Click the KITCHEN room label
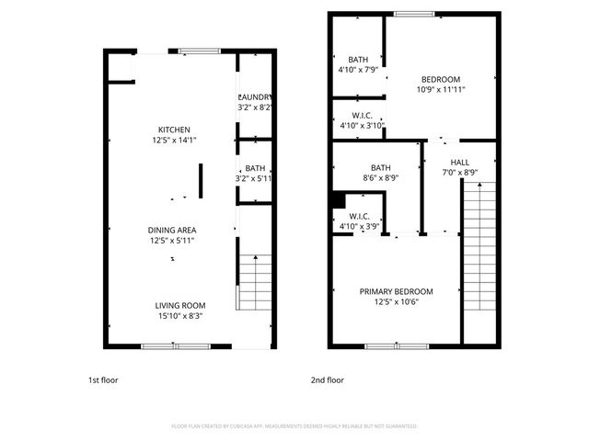pyautogui.click(x=173, y=130)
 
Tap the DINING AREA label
pyautogui.click(x=173, y=230)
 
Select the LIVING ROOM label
pyautogui.click(x=179, y=305)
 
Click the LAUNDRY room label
pyautogui.click(x=254, y=97)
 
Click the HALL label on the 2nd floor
pyautogui.click(x=459, y=163)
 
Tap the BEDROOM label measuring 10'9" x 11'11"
pyautogui.click(x=440, y=79)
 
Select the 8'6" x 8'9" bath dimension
pyautogui.click(x=380, y=178)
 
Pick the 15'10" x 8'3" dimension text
pyautogui.click(x=179, y=316)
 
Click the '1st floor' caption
pyautogui.click(x=103, y=379)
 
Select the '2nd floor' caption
pyautogui.click(x=328, y=379)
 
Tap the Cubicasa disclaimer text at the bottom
pyautogui.click(x=294, y=426)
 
